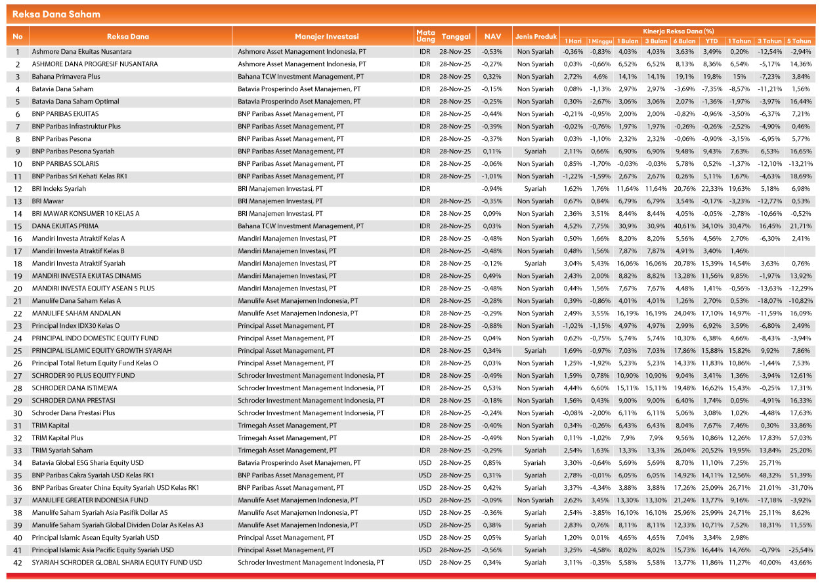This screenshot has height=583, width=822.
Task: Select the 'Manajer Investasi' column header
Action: pos(321,36)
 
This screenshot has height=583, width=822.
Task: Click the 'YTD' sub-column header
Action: pos(712,41)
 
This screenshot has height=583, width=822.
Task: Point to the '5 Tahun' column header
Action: pos(802,41)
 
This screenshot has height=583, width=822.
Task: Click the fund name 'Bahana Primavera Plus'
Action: pos(66,77)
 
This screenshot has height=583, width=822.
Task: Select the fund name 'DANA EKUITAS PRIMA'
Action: pos(64,226)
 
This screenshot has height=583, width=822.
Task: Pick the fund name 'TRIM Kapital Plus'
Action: pos(58,438)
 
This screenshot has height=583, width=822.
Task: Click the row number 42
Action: pos(18,563)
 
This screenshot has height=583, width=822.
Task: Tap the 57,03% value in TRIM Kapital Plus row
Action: pos(802,438)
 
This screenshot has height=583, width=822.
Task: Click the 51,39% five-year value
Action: pos(802,475)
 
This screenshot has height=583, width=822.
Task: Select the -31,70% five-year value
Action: pos(801,488)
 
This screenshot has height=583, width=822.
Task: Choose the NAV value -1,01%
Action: pos(492,176)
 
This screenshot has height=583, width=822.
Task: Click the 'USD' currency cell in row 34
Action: pos(425,463)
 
